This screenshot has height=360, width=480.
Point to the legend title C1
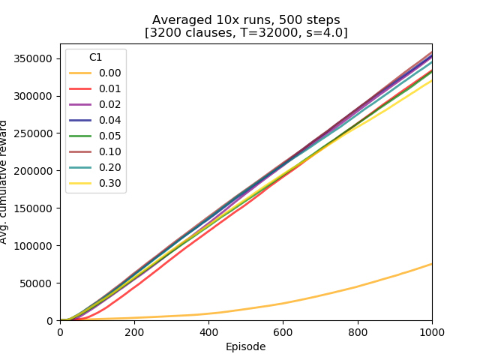tap(96, 58)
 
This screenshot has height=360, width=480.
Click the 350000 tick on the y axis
tap(36, 58)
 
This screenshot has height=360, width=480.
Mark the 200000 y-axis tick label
tap(36, 171)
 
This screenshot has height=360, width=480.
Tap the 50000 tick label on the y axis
tap(39, 283)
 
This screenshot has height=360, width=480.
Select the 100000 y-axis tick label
tap(36, 246)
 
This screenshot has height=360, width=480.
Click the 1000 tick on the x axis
tap(432, 332)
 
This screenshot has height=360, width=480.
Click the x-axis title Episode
tap(246, 346)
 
